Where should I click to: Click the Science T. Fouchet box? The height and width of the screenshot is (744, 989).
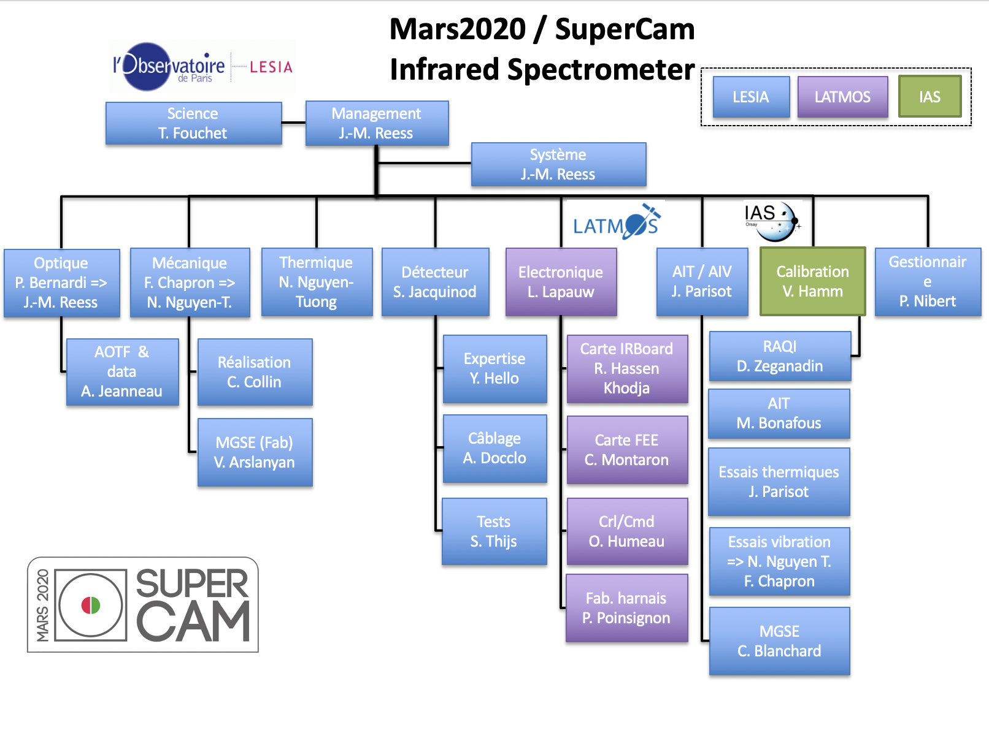point(193,123)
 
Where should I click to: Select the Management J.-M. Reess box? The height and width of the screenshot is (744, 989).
point(377,123)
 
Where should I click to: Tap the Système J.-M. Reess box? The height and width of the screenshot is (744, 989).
point(558,164)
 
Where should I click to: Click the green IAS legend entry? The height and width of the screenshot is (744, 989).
point(929,96)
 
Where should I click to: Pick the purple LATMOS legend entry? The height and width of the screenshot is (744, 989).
point(842,96)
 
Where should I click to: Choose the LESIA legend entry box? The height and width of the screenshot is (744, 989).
point(751,96)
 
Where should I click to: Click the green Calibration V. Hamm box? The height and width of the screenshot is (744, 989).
point(812,281)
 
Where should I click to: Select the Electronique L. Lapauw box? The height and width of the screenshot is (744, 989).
point(561,282)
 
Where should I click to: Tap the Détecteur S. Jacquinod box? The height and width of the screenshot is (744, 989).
point(435,282)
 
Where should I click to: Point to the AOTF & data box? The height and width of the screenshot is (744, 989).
point(122,372)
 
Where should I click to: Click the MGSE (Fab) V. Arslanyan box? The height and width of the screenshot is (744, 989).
point(255,452)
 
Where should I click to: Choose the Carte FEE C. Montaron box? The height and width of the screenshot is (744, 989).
point(627,450)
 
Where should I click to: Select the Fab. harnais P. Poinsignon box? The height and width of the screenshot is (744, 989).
point(626,608)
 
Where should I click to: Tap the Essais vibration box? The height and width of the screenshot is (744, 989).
point(779,561)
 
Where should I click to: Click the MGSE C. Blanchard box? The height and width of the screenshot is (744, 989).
point(779,641)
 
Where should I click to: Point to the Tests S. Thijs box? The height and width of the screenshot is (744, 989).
point(494,531)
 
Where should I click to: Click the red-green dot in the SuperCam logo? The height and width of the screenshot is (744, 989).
point(91,605)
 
